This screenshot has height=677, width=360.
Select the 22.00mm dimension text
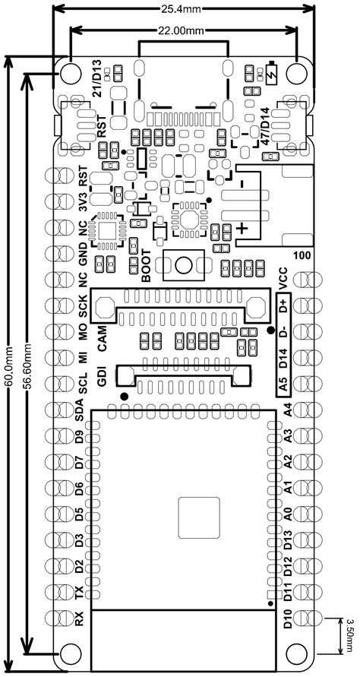tap(182, 30)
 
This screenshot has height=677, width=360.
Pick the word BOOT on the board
tap(147, 265)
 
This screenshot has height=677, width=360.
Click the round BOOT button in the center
tap(184, 264)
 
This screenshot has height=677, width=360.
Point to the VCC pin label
tap(283, 280)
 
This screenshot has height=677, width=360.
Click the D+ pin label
tap(283, 305)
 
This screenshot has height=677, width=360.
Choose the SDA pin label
tap(80, 410)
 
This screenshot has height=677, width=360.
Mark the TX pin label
tap(80, 593)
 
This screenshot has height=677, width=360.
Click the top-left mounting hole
tap(71, 74)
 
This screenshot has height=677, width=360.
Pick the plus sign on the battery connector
tap(243, 227)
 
